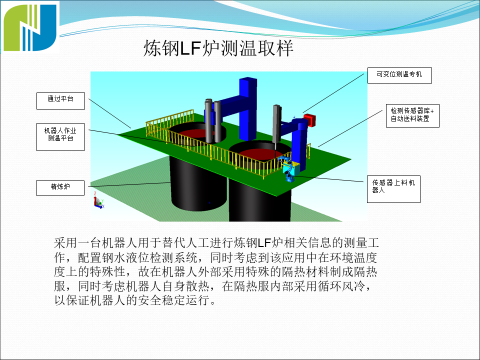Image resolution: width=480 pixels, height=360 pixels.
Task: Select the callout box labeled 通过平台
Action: (60, 99)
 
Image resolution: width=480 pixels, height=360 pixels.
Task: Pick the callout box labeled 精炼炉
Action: (60, 187)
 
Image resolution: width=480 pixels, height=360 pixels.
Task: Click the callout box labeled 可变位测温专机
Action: (398, 74)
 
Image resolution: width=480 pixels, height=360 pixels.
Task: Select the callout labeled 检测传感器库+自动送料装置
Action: (412, 115)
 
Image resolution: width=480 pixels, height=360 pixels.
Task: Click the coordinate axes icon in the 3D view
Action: (98, 201)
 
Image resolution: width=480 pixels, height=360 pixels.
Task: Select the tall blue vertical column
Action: (248, 107)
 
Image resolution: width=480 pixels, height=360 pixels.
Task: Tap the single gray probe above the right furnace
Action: (276, 125)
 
